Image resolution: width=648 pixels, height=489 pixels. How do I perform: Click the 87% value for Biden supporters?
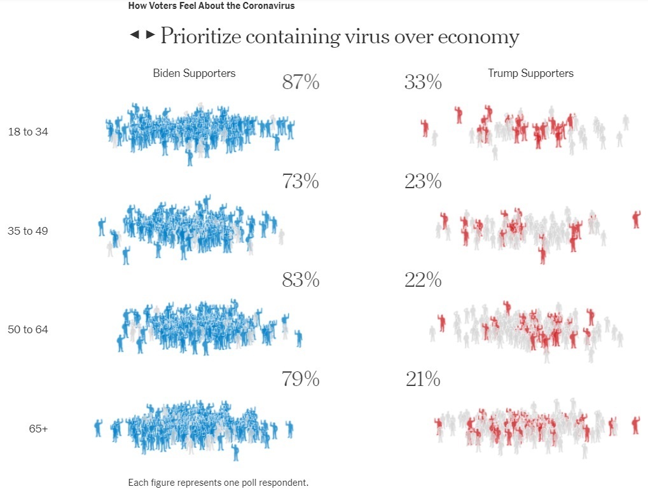[300, 83]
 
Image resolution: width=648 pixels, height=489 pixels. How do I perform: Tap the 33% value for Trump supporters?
[423, 83]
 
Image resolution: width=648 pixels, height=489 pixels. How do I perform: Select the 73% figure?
[300, 182]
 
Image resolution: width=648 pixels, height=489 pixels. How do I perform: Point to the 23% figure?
[423, 182]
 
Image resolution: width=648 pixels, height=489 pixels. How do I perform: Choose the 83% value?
[300, 280]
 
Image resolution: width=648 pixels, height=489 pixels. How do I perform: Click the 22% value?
[423, 280]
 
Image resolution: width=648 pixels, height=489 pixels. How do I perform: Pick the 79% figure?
[300, 380]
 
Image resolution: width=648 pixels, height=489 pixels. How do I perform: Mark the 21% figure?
[422, 380]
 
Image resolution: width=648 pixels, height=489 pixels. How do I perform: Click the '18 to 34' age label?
[28, 132]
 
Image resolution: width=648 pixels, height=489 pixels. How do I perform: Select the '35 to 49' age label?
[28, 231]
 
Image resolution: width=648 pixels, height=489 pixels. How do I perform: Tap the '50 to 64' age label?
[28, 329]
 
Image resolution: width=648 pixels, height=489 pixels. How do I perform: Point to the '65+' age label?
[38, 429]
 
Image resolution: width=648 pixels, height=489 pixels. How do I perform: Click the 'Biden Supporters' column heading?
[194, 73]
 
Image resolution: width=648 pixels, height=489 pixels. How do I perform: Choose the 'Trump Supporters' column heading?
[530, 73]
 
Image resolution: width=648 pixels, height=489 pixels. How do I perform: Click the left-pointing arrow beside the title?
[134, 34]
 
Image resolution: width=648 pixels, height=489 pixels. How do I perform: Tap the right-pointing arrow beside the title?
[150, 34]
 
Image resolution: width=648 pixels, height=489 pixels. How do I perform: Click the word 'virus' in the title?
[365, 37]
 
